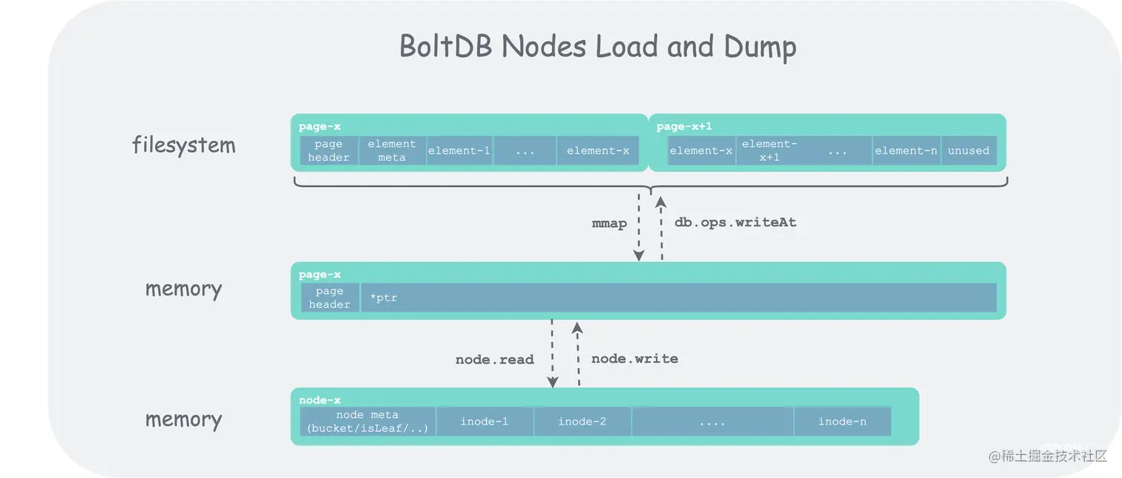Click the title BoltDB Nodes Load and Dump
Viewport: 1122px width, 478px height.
point(597,47)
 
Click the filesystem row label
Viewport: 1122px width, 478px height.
point(183,145)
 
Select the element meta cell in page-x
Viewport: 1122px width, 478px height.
point(391,151)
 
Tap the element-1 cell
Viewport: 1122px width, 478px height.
point(459,151)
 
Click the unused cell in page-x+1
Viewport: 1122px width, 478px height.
point(968,151)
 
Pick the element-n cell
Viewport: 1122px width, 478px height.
point(905,151)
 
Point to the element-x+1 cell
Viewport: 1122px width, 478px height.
point(770,151)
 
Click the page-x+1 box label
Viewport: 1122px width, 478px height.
point(684,127)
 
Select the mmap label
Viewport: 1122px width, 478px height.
point(609,223)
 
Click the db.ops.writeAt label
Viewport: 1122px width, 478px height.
point(735,223)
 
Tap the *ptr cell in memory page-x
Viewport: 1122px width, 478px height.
point(678,298)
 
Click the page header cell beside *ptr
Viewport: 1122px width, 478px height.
point(329,298)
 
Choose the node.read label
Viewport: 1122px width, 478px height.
point(494,360)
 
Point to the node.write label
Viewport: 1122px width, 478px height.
point(634,359)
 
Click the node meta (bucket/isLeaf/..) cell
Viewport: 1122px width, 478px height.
point(367,422)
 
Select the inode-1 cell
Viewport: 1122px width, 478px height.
point(484,422)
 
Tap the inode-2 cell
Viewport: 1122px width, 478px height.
point(582,422)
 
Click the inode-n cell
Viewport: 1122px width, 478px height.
point(841,422)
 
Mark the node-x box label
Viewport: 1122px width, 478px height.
point(320,400)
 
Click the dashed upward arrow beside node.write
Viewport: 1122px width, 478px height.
point(578,355)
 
